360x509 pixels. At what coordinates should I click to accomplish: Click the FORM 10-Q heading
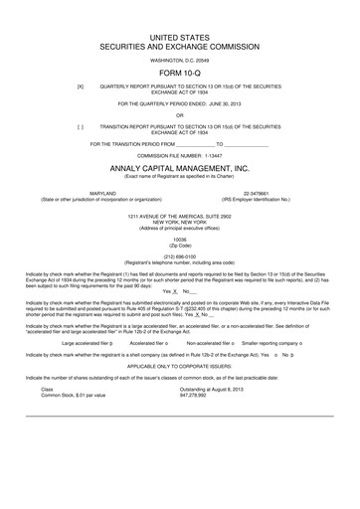point(180,75)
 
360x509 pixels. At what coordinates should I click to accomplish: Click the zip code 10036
point(180,240)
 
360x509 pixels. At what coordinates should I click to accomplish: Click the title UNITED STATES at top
point(180,36)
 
